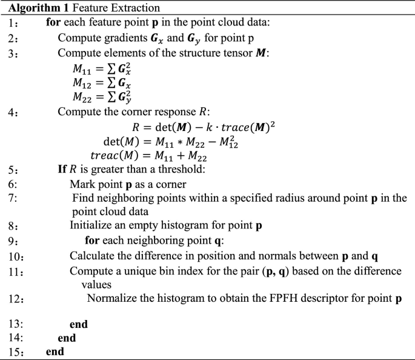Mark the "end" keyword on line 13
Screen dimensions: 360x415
point(79,324)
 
